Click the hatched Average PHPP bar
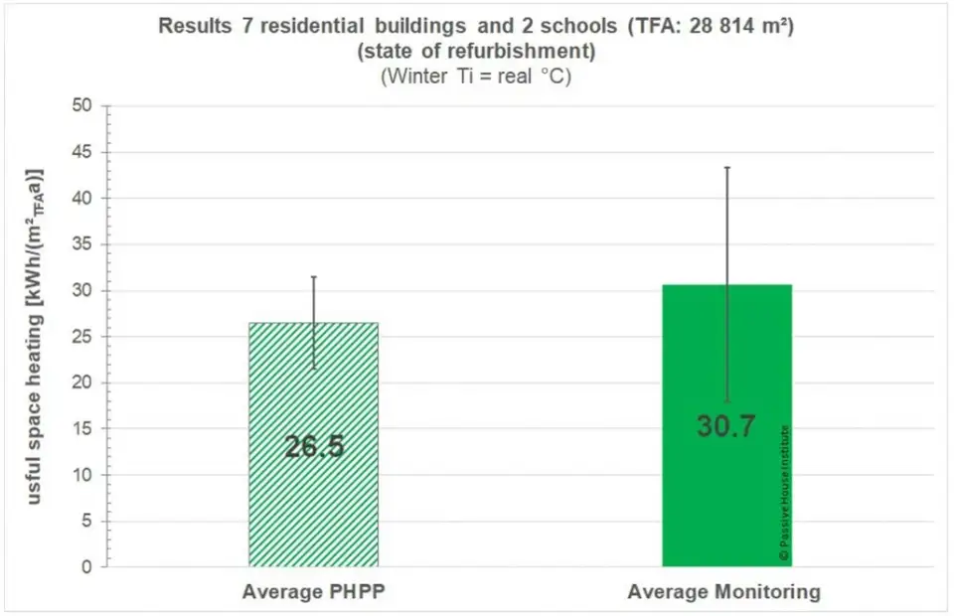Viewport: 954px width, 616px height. coord(313,497)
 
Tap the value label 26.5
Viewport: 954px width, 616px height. coord(314,447)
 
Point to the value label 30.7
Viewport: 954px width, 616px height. coord(726,426)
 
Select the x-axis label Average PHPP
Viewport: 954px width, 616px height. coord(313,593)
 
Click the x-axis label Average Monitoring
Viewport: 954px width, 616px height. coord(724,593)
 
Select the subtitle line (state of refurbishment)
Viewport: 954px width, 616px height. coord(476,51)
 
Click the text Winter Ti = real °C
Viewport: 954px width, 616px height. coord(476,77)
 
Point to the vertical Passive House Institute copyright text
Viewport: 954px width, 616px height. coord(784,494)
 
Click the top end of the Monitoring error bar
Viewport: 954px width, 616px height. coord(727,167)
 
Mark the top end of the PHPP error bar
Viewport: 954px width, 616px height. coord(314,277)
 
